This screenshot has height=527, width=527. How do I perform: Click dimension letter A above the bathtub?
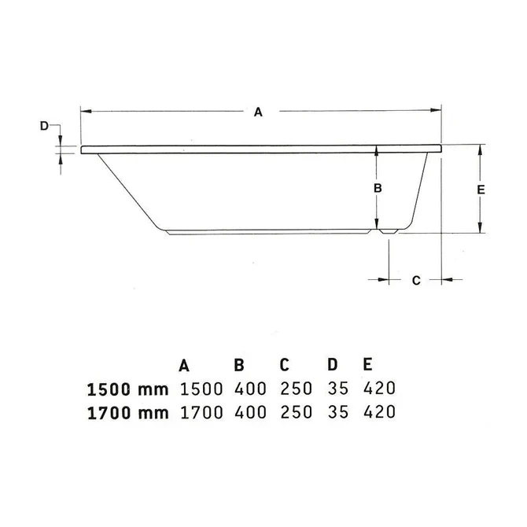[257, 112]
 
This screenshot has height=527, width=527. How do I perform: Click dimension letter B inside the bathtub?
[377, 188]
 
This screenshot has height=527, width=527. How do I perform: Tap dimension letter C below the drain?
[417, 279]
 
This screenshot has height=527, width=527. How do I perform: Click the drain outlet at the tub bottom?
[389, 233]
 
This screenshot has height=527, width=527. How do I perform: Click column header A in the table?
[184, 365]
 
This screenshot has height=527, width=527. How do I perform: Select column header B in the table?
[239, 365]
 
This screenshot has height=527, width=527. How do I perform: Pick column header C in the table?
[286, 365]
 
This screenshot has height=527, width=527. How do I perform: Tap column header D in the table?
[334, 365]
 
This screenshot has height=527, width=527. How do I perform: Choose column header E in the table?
[367, 365]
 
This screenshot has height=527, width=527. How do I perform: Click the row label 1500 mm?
[127, 389]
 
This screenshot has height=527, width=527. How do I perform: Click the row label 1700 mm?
[127, 411]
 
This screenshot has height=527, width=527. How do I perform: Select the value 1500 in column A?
[201, 389]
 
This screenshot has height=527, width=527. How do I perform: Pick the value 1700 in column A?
[201, 411]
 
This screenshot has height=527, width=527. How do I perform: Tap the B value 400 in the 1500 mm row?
[250, 389]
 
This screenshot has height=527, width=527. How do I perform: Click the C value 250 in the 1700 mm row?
[297, 411]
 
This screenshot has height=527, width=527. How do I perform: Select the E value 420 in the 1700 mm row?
[378, 411]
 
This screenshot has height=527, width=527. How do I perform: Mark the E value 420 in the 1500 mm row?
[378, 389]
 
